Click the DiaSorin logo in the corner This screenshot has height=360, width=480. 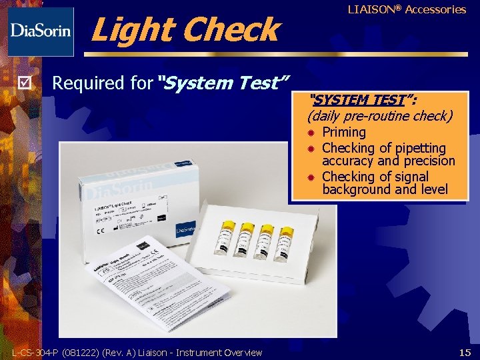(x=41, y=31)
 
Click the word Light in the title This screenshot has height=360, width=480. (x=131, y=30)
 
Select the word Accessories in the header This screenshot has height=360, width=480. (x=435, y=9)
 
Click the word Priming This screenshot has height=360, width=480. (x=344, y=132)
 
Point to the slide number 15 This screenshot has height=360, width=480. (x=465, y=351)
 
